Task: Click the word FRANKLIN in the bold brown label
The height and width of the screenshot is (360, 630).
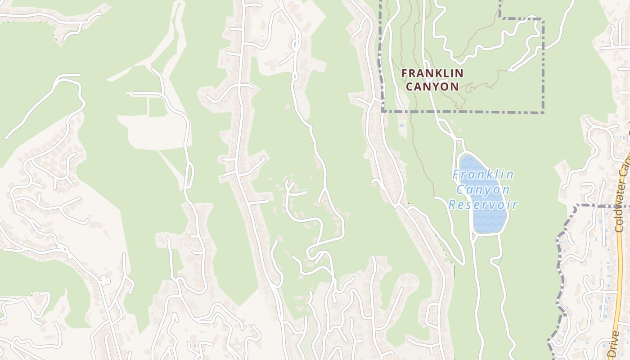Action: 432,73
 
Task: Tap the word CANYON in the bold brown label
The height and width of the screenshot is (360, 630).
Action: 432,86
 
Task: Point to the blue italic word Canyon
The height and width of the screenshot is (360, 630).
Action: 483,190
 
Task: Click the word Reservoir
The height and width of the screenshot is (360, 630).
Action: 483,205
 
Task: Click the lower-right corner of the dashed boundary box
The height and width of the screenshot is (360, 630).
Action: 543,112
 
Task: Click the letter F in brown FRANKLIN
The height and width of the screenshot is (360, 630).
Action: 404,73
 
